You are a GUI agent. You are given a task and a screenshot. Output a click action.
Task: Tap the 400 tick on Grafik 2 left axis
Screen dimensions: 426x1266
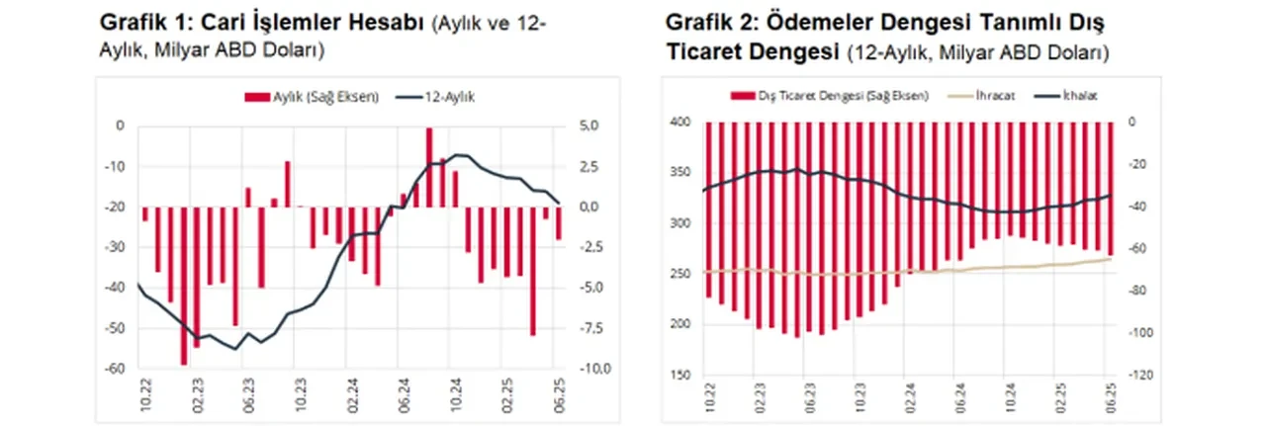(681, 123)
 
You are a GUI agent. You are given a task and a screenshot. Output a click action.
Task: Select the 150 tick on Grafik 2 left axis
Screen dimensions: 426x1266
(681, 376)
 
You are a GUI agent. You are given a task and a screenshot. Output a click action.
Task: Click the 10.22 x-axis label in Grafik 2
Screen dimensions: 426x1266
(709, 400)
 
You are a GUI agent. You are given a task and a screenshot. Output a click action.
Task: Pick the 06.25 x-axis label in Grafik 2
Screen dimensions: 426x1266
(1112, 400)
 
